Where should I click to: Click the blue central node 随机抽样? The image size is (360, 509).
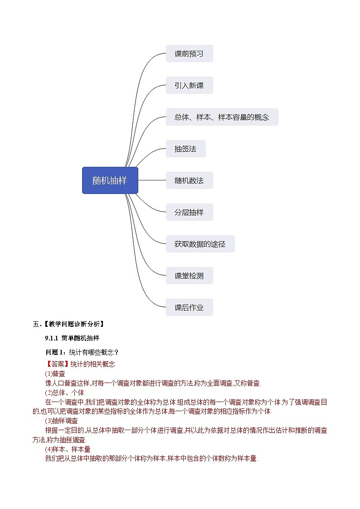pyautogui.click(x=110, y=180)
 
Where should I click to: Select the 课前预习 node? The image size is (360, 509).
pyautogui.click(x=189, y=53)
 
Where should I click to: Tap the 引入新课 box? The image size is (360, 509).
pyautogui.click(x=189, y=85)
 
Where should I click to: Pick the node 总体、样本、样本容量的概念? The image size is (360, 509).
pyautogui.click(x=222, y=117)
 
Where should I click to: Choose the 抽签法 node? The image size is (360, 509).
pyautogui.click(x=185, y=149)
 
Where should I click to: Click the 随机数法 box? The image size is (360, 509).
pyautogui.click(x=189, y=180)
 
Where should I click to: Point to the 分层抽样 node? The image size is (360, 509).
pyautogui.click(x=189, y=212)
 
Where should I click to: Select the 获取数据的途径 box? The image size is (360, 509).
pyautogui.click(x=200, y=244)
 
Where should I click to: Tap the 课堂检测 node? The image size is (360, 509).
pyautogui.click(x=189, y=276)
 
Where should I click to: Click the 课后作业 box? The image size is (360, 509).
pyautogui.click(x=189, y=307)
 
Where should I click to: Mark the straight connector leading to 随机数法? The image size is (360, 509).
pyautogui.click(x=152, y=180)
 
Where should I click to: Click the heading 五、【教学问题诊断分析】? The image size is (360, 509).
pyautogui.click(x=68, y=324)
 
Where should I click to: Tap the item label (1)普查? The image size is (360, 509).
pyautogui.click(x=55, y=373)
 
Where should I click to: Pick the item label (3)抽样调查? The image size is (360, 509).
pyautogui.click(x=61, y=421)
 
